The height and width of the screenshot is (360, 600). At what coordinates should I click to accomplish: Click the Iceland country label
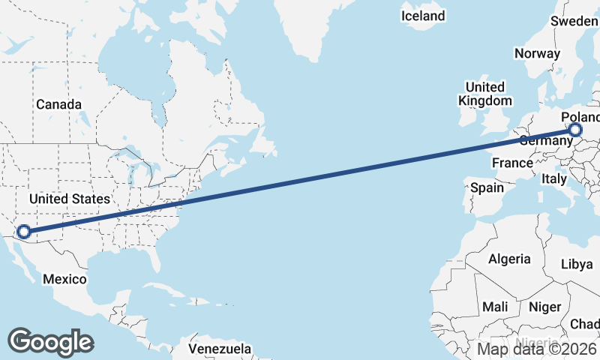423,16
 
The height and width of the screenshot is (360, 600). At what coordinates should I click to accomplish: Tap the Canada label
58,104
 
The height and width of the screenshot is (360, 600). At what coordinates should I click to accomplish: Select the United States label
69,199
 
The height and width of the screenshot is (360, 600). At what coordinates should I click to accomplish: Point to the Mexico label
64,279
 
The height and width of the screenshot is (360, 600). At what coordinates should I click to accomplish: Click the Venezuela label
220,349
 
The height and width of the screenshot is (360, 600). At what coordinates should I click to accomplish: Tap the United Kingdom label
485,94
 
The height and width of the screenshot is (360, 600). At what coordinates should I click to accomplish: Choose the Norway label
537,53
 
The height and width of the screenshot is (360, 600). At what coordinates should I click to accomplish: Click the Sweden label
574,21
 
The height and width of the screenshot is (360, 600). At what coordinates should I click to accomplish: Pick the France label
512,163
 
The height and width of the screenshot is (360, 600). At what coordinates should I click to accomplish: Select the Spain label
487,187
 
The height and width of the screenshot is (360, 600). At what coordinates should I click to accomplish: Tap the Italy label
554,179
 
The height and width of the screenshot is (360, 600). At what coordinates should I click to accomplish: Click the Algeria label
510,259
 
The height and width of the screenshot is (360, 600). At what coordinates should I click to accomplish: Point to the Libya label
577,264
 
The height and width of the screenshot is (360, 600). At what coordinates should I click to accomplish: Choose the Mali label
495,307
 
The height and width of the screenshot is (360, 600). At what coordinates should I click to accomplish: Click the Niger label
544,307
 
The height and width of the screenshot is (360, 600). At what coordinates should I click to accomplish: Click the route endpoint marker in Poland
575,130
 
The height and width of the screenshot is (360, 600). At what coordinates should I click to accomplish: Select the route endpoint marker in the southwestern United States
23,232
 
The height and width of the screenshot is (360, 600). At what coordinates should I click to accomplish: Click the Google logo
50,342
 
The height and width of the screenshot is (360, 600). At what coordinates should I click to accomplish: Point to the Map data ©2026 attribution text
537,349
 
